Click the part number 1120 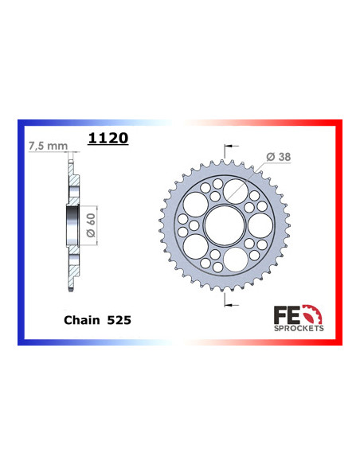(108, 138)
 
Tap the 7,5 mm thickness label (46, 147)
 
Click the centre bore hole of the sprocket (225, 225)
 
